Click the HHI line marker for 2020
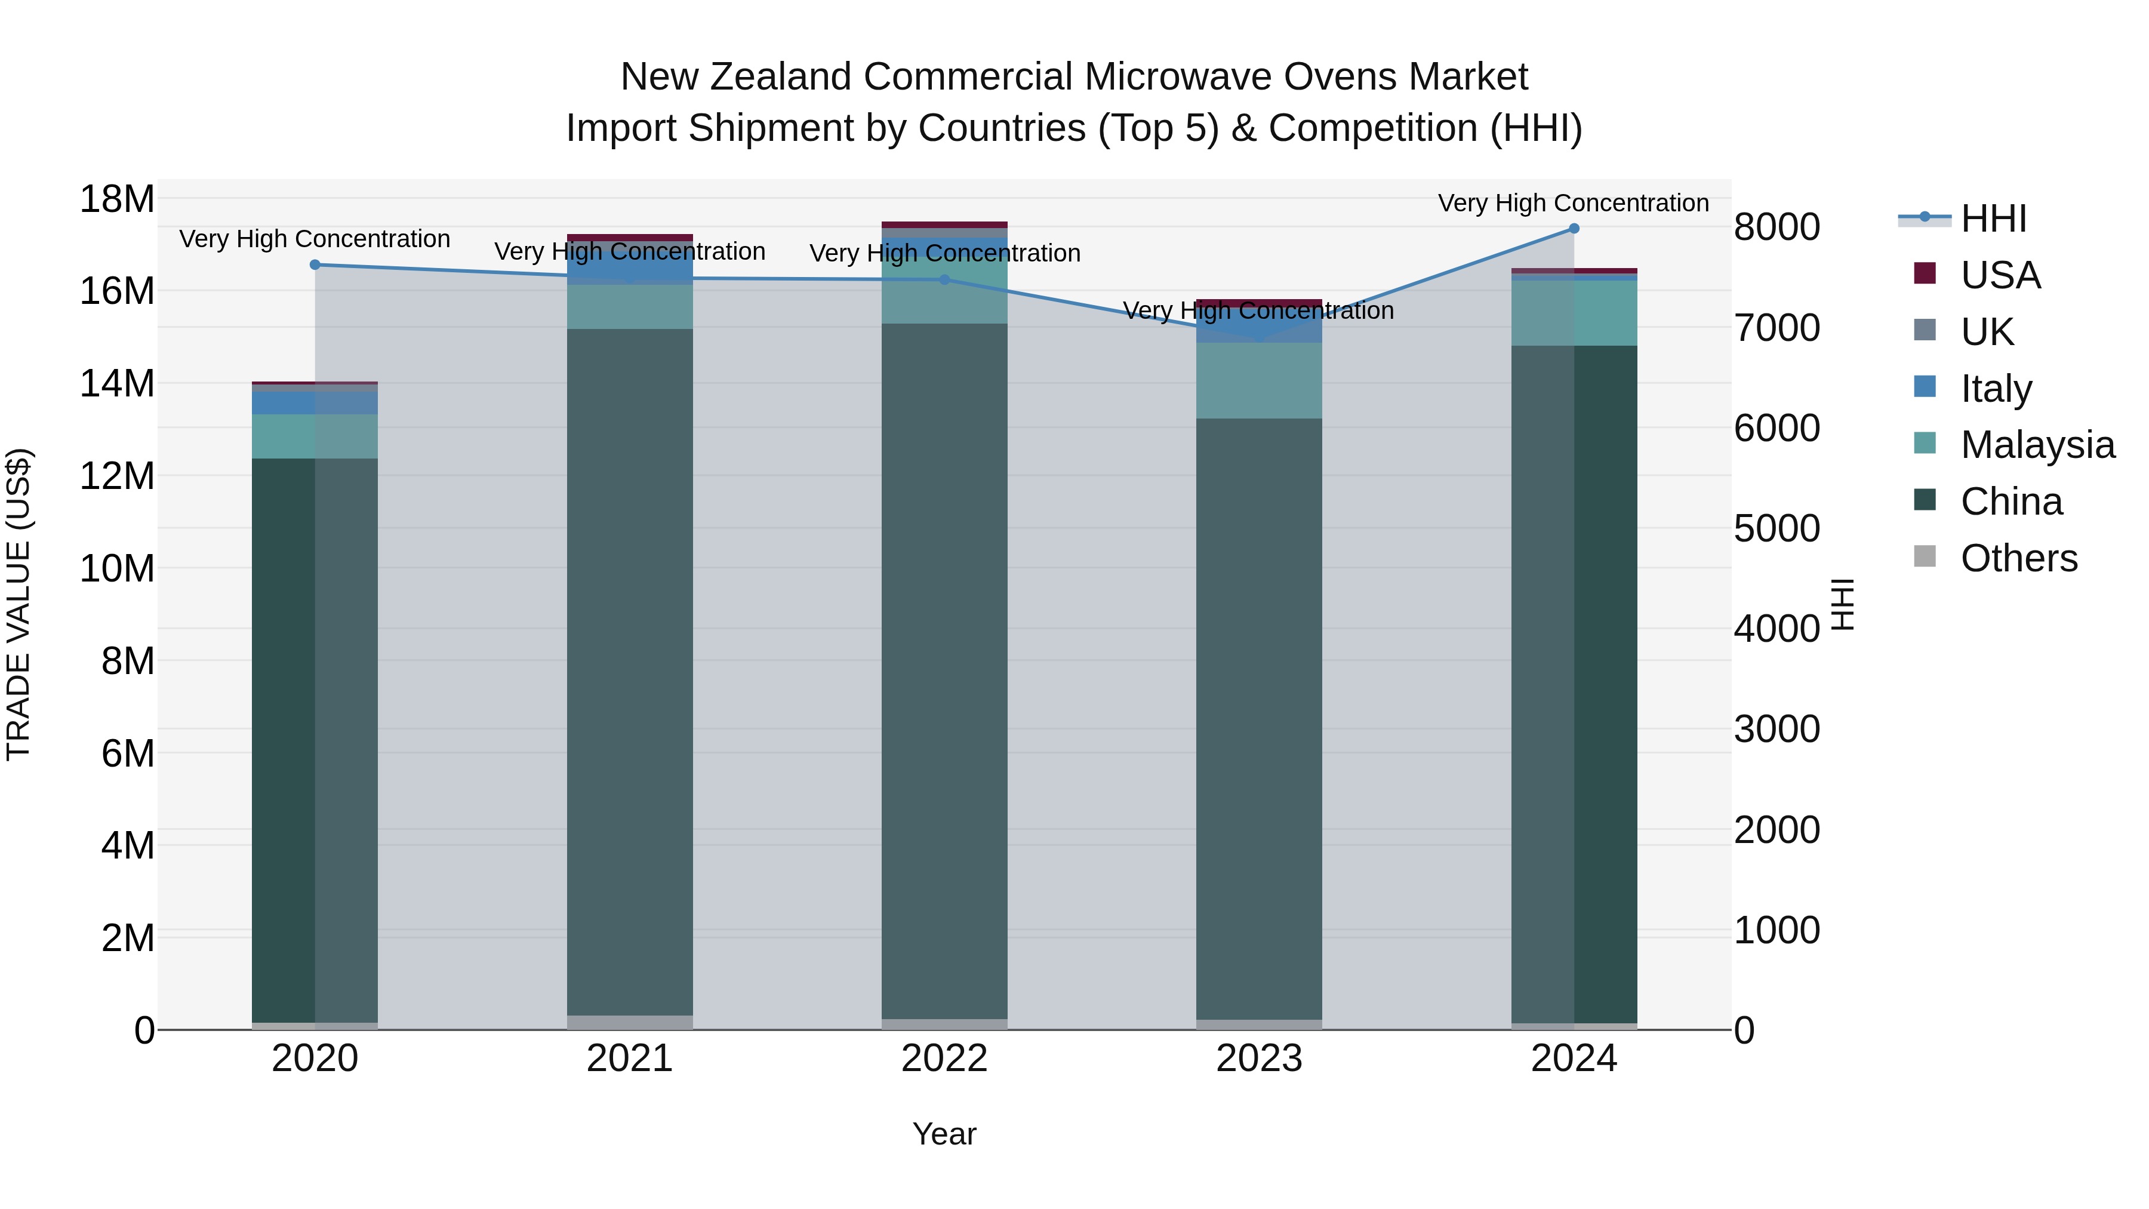pos(315,264)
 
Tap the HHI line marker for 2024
pos(1574,229)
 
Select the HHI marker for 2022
pos(944,279)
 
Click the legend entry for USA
pos(2000,275)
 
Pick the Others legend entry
pos(2018,558)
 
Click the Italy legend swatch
pos(1925,387)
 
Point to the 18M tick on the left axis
pos(117,199)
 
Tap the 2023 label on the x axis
pos(1259,1058)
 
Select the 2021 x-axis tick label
pos(630,1058)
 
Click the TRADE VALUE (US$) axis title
pos(19,604)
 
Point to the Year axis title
pos(944,1134)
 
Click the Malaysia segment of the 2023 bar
pos(1259,380)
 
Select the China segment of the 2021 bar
pos(630,667)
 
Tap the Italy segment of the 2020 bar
pos(315,403)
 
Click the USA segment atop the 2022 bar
pos(944,224)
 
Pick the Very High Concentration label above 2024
pos(1574,203)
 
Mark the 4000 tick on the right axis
pos(1777,629)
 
